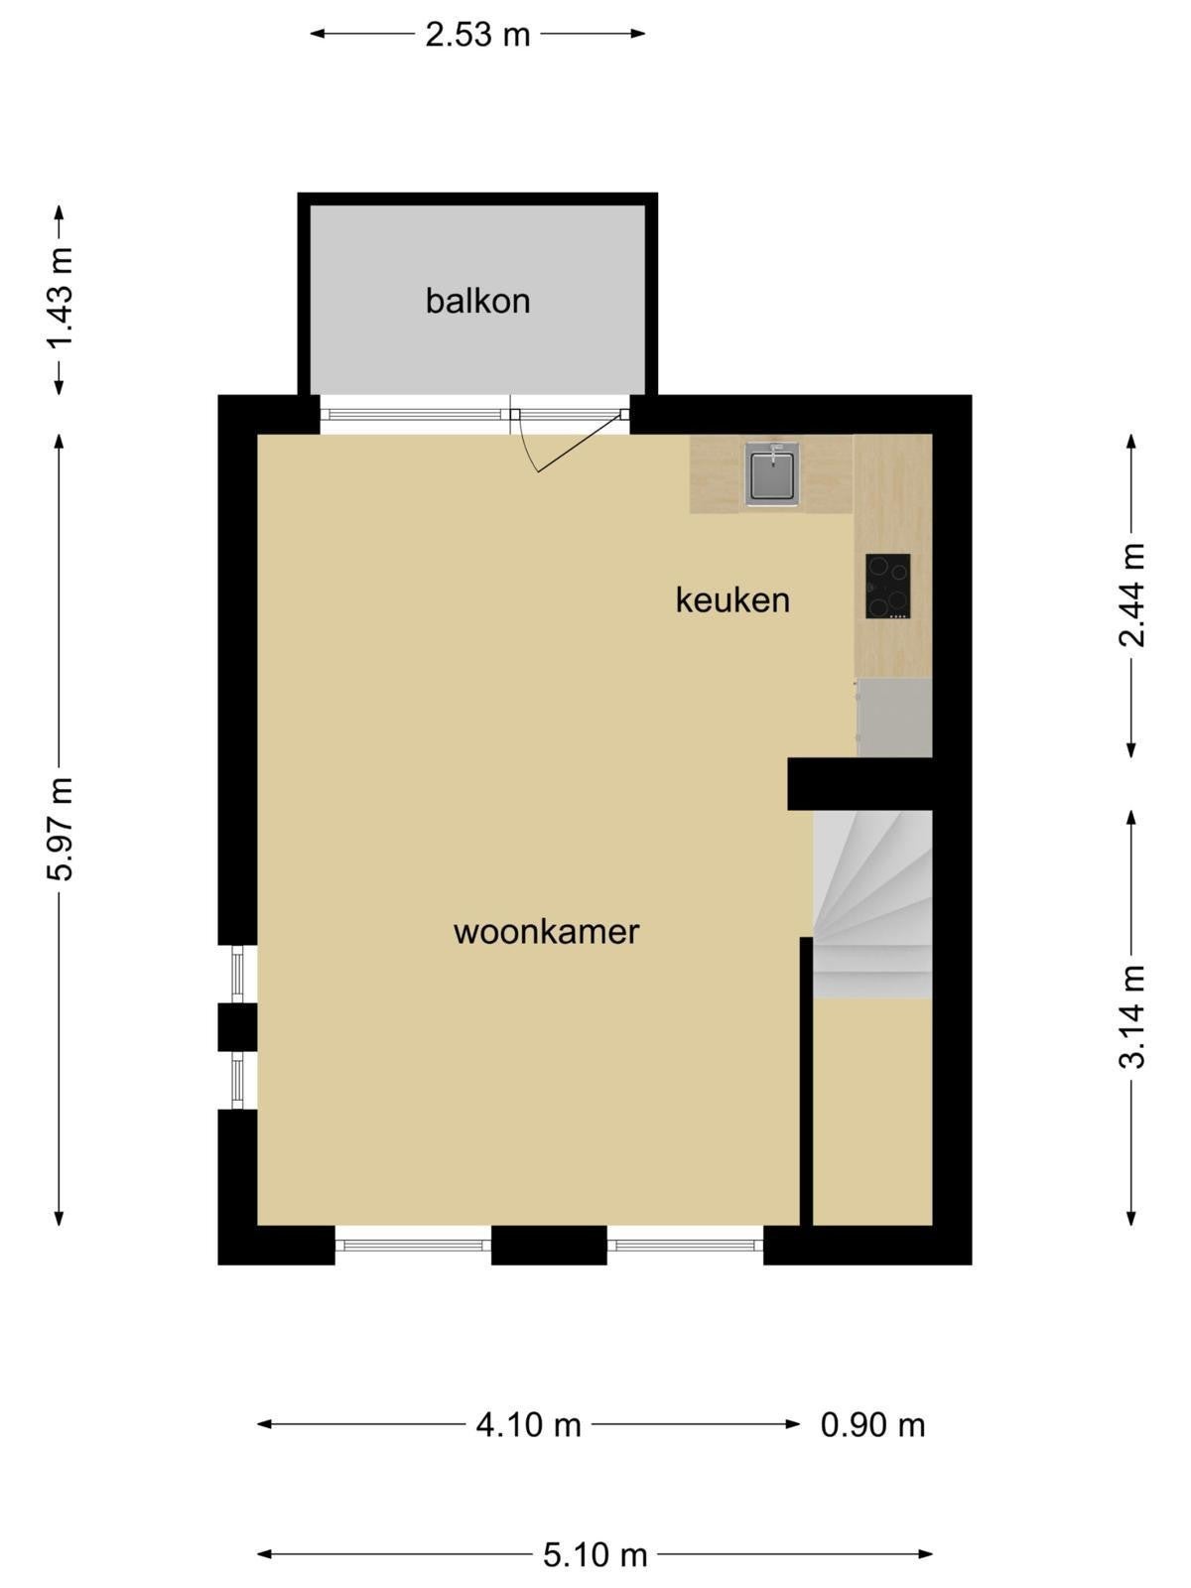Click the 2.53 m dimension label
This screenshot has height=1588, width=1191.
pyautogui.click(x=477, y=34)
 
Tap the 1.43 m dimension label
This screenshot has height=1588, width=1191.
pyautogui.click(x=60, y=297)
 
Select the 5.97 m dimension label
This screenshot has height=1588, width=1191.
pyautogui.click(x=60, y=828)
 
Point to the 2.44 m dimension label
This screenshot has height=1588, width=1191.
pyautogui.click(x=1131, y=594)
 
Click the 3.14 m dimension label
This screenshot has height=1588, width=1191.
pyautogui.click(x=1131, y=1015)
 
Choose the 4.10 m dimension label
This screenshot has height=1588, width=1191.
pyautogui.click(x=529, y=1425)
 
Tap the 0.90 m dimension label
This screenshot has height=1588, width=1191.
pyautogui.click(x=872, y=1425)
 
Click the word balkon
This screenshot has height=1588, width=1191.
pyautogui.click(x=477, y=301)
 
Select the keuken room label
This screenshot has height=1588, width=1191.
pyautogui.click(x=731, y=599)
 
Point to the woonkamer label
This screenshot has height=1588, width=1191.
pyautogui.click(x=546, y=932)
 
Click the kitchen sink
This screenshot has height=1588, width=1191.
pyautogui.click(x=772, y=473)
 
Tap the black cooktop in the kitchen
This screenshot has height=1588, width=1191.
pyautogui.click(x=887, y=586)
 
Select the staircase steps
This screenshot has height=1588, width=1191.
pyautogui.click(x=872, y=904)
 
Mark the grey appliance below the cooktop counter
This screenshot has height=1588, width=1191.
pyautogui.click(x=894, y=717)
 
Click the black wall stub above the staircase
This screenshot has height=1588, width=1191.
pyautogui.click(x=860, y=783)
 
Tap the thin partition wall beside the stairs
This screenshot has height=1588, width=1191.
pyautogui.click(x=806, y=1081)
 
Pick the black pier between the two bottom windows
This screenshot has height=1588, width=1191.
pyautogui.click(x=549, y=1245)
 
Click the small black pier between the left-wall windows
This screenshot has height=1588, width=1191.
pyautogui.click(x=237, y=1026)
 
